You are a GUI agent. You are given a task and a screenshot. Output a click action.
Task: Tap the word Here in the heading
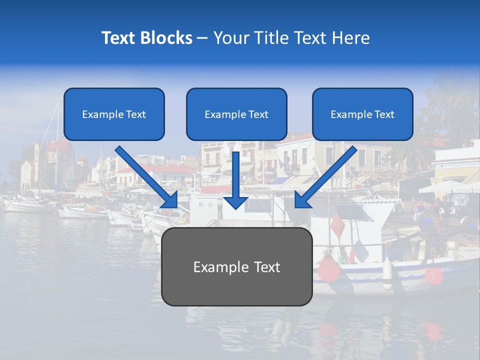(351, 38)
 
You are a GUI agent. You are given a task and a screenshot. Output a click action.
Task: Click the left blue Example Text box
(114, 114)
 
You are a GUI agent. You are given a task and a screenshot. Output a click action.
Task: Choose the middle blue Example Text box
(236, 114)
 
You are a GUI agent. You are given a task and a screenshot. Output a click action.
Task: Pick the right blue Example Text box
(362, 114)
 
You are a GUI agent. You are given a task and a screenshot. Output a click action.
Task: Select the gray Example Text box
(236, 267)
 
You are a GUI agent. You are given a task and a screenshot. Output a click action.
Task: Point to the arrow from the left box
(145, 175)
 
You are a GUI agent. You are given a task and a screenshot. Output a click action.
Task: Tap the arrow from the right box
(327, 175)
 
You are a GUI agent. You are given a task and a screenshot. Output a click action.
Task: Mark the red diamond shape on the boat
(337, 226)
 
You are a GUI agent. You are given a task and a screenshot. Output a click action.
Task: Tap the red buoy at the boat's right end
(433, 275)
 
